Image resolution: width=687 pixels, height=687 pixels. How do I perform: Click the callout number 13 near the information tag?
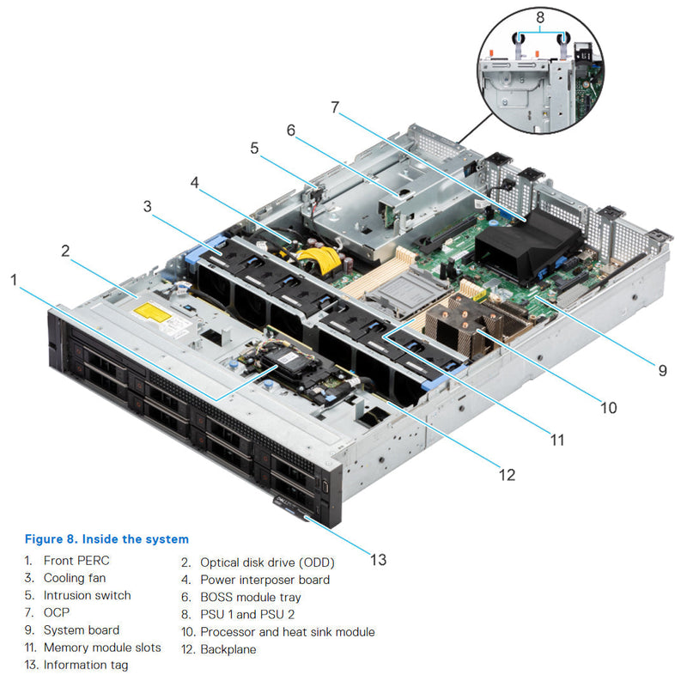[378, 560]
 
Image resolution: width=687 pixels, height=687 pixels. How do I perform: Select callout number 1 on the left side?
[14, 279]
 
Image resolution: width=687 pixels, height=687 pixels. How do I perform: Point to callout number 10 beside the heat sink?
[608, 407]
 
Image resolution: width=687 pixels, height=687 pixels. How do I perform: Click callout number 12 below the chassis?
[508, 473]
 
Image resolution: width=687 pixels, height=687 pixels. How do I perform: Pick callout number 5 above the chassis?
[254, 148]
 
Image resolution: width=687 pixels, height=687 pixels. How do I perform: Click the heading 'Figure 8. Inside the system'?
[106, 539]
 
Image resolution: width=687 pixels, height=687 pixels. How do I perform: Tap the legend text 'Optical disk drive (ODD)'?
[267, 562]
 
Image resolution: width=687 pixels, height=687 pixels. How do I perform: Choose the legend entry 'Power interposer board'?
[264, 580]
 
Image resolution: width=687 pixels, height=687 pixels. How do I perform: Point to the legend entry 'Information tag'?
[87, 666]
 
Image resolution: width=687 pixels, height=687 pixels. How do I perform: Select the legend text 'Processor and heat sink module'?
[287, 632]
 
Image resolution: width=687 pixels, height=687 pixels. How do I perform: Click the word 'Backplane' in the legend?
[228, 649]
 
